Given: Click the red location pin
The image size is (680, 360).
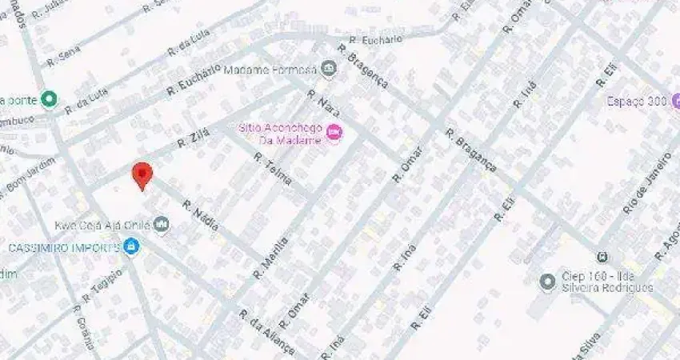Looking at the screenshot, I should (142, 174).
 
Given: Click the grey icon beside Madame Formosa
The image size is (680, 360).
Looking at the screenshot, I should (328, 69).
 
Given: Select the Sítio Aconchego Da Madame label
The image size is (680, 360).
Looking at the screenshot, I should (278, 134).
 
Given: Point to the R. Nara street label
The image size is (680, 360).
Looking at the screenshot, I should (323, 105).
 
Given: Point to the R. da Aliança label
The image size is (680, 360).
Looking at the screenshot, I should (266, 332).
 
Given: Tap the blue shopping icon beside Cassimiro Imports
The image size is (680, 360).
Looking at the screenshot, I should (130, 246).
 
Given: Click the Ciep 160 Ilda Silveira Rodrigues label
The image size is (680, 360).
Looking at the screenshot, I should (608, 282).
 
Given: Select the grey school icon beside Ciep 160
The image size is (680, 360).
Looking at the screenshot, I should (547, 282).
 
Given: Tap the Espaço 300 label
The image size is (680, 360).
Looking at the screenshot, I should (636, 102).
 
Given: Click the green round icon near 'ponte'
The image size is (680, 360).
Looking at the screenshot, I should (49, 99).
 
